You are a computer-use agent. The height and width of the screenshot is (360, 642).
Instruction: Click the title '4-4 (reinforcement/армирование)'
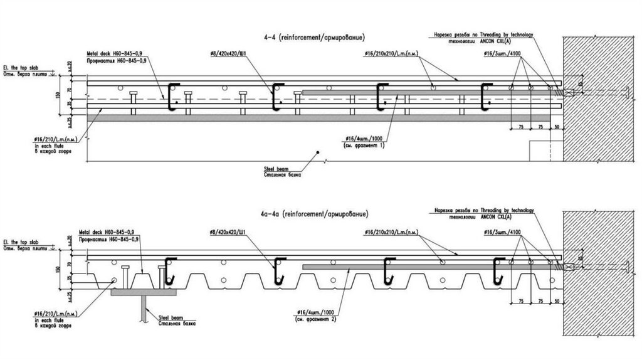(315, 38)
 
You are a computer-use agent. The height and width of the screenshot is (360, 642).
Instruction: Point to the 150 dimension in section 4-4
(58, 95)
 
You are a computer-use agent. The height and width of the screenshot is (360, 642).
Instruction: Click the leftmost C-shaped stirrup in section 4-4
(170, 95)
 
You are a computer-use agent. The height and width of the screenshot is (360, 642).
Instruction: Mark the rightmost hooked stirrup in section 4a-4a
(498, 270)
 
